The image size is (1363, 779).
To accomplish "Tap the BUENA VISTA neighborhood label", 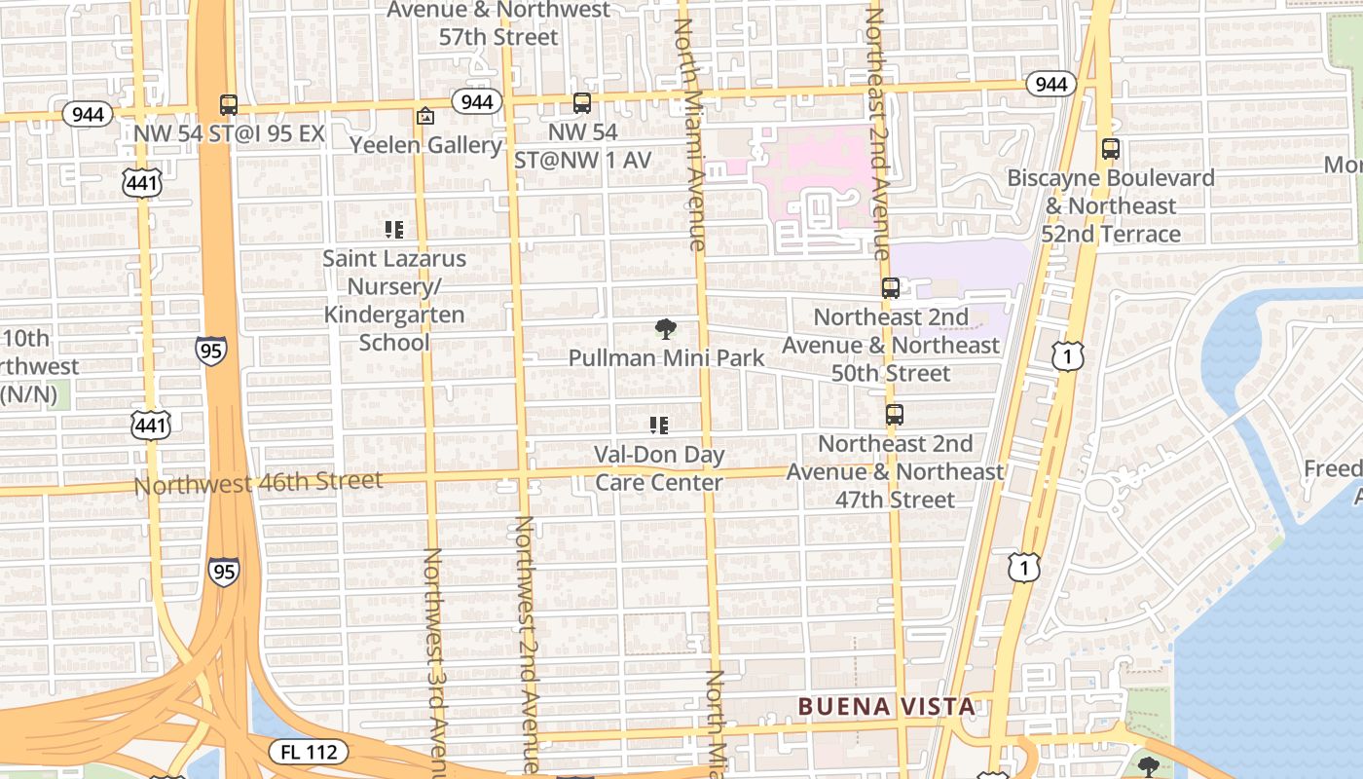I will point(886,707).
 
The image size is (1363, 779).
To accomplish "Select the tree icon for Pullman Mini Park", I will point(666,329).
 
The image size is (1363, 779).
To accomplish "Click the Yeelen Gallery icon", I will point(425,117).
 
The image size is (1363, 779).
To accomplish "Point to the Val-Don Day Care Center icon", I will point(659,426).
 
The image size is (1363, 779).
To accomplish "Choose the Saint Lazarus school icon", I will point(394,230).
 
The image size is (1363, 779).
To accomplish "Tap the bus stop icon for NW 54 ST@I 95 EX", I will point(229,105).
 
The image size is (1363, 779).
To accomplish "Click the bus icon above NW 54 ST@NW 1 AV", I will point(582,103).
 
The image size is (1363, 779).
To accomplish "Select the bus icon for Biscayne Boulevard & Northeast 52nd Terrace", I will point(1111,149).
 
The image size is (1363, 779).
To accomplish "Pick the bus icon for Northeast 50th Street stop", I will point(891,288).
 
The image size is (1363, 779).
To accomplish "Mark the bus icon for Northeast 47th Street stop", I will point(895,415).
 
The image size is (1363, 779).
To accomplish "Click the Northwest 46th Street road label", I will point(258,482).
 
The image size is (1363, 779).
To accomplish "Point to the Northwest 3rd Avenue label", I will point(433,662).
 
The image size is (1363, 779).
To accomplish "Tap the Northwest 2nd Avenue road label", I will point(526,643).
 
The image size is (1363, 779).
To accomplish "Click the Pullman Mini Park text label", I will point(667,358).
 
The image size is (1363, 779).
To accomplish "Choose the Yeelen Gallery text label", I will point(425,146).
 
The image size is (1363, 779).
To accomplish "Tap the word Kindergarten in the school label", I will point(394,315).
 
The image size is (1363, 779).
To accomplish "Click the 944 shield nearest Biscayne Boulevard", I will point(1050,85).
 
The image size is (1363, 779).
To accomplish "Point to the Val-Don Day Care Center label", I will point(659,468).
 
